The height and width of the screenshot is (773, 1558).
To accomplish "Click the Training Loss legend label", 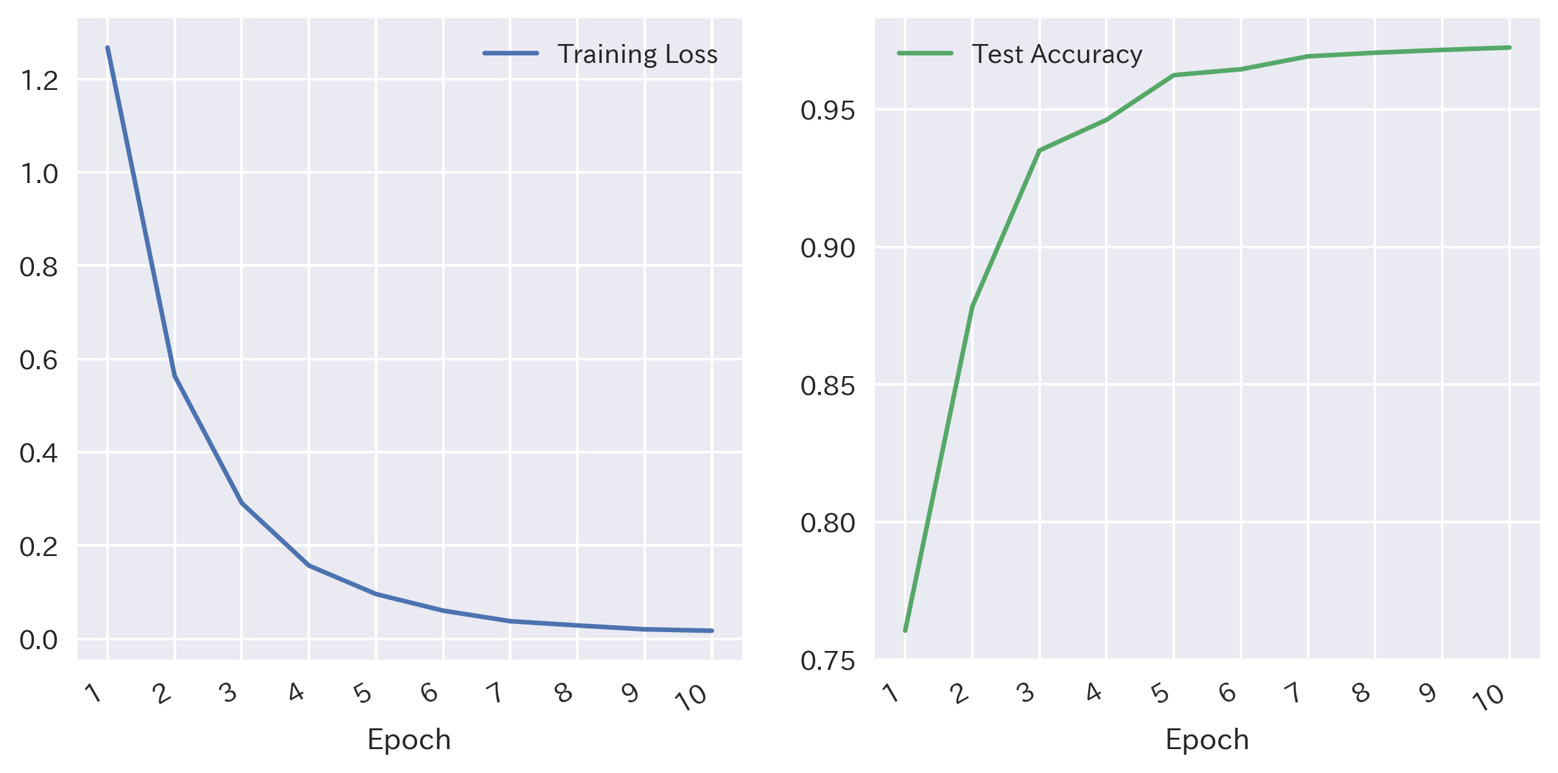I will pyautogui.click(x=637, y=54).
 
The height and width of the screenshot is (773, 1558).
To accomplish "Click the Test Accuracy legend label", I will pyautogui.click(x=1057, y=54).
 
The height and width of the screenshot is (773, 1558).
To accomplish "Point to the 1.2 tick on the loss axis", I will pyautogui.click(x=39, y=81).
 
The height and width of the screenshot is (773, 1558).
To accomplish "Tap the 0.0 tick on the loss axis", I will pyautogui.click(x=39, y=640).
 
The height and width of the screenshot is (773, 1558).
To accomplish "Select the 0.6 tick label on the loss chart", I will pyautogui.click(x=39, y=360).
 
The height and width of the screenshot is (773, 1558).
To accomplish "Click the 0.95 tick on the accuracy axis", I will pyautogui.click(x=828, y=111).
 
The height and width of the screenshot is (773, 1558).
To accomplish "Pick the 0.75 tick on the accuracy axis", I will pyautogui.click(x=828, y=660).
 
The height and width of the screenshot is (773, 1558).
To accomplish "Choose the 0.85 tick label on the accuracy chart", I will pyautogui.click(x=828, y=386).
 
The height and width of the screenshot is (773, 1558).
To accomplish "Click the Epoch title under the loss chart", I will pyautogui.click(x=409, y=739).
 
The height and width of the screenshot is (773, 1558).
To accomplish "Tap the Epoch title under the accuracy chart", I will pyautogui.click(x=1207, y=739).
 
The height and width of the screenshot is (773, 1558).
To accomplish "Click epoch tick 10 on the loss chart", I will pyautogui.click(x=692, y=697).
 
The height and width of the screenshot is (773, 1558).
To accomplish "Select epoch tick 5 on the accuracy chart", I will pyautogui.click(x=1160, y=693).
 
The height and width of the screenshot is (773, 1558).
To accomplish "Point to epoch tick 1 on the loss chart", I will pyautogui.click(x=94, y=693).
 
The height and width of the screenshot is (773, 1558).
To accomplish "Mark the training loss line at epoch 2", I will pyautogui.click(x=175, y=376).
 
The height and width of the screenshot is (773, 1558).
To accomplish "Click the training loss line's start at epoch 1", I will pyautogui.click(x=108, y=48).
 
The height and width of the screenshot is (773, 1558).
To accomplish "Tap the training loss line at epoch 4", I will pyautogui.click(x=309, y=565).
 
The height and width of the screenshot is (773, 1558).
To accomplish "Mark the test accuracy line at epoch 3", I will pyautogui.click(x=1040, y=150).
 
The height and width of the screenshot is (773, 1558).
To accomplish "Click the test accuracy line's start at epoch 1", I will pyautogui.click(x=905, y=630).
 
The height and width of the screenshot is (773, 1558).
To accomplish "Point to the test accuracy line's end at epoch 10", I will pyautogui.click(x=1510, y=47).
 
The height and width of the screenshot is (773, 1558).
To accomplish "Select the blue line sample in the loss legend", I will pyautogui.click(x=511, y=53).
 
